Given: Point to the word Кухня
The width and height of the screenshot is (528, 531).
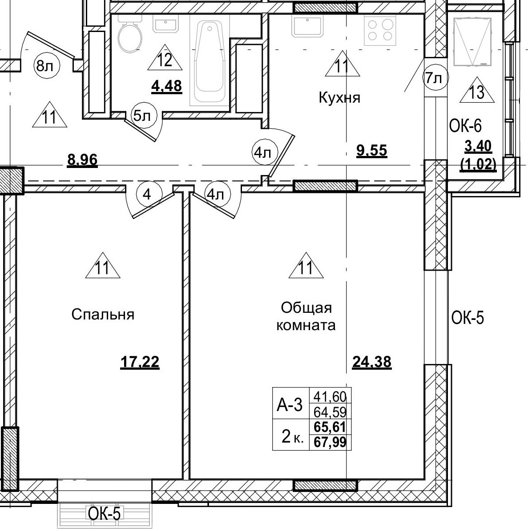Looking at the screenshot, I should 339,97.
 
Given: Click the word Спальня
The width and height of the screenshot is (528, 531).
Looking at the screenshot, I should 103,315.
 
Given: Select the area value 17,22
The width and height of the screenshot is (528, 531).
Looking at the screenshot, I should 140,363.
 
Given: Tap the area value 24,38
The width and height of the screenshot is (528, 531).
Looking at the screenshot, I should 371,362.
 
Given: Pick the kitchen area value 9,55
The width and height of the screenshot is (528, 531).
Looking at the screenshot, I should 372,151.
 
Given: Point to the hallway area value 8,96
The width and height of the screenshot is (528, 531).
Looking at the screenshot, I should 82,159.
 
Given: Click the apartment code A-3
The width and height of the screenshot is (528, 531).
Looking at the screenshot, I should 290,405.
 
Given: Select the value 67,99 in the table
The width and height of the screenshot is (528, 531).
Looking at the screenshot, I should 330,443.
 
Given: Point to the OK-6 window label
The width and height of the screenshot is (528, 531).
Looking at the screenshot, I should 465,126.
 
